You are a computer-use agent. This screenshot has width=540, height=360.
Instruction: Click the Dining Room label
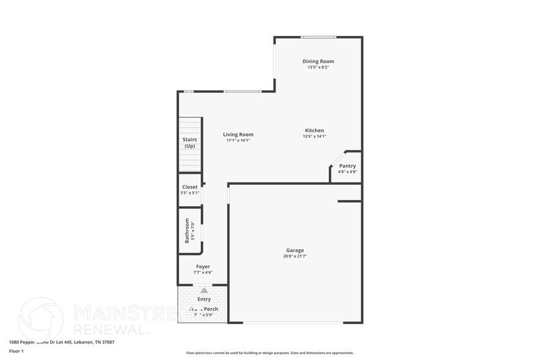pyautogui.click(x=318, y=61)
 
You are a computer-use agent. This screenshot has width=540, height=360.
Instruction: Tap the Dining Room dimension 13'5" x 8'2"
pyautogui.click(x=318, y=67)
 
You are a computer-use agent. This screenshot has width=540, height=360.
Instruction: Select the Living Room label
pyautogui.click(x=238, y=135)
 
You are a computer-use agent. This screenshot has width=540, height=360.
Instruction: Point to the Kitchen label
pyautogui.click(x=315, y=130)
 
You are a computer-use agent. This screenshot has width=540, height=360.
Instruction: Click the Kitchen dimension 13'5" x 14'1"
pyautogui.click(x=315, y=137)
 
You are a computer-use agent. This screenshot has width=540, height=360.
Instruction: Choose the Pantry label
pyautogui.click(x=347, y=166)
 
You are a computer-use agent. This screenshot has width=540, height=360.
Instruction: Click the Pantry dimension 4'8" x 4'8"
pyautogui.click(x=347, y=172)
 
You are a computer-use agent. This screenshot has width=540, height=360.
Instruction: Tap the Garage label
pyautogui.click(x=295, y=250)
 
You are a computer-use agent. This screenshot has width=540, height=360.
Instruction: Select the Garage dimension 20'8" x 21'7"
pyautogui.click(x=295, y=256)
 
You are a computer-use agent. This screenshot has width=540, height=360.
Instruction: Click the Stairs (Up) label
pyautogui.click(x=190, y=143)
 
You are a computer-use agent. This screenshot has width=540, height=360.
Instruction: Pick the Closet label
pyautogui.click(x=190, y=187)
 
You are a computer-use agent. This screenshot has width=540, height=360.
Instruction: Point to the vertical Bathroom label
pyautogui.click(x=187, y=231)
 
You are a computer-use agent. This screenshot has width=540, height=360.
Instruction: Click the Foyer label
pyautogui.click(x=203, y=266)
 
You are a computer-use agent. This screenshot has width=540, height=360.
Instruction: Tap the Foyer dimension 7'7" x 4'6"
pyautogui.click(x=203, y=272)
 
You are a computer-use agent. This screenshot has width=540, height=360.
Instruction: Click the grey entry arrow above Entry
pyautogui.click(x=204, y=290)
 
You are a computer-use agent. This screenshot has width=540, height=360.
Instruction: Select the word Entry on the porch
pyautogui.click(x=204, y=299)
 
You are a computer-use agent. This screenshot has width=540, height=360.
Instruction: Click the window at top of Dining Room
pyautogui.click(x=318, y=37)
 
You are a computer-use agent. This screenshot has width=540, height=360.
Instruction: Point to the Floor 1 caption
pyautogui.click(x=16, y=351)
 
